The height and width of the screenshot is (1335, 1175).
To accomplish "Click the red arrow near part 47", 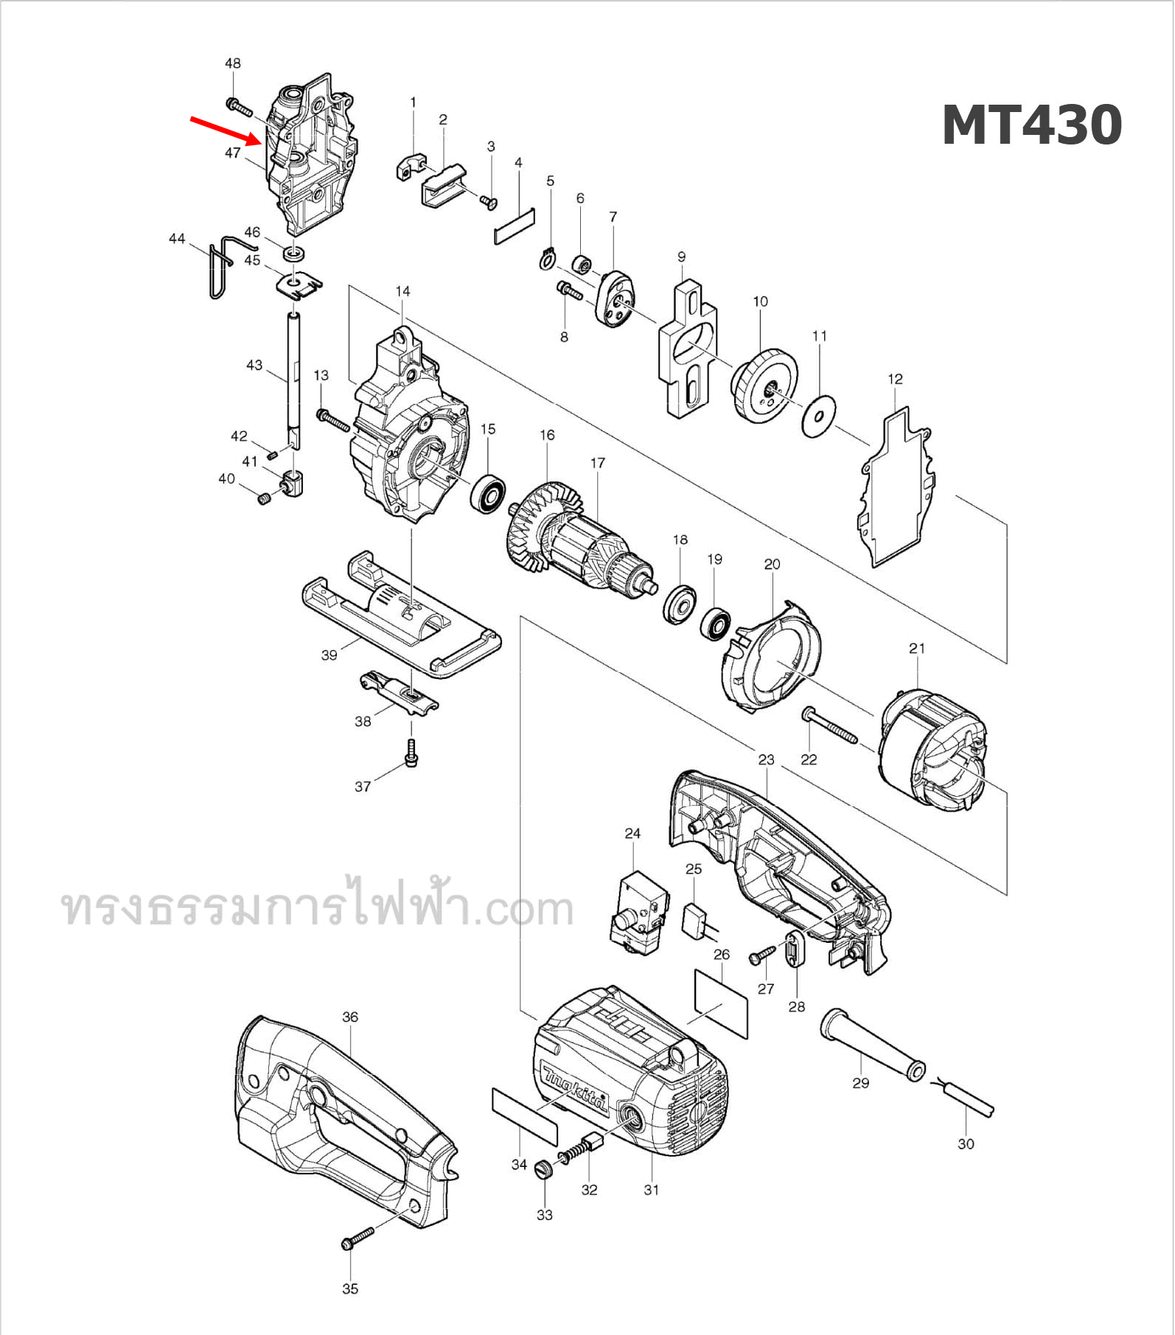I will (225, 129).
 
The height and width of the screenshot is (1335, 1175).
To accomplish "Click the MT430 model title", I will (1031, 125).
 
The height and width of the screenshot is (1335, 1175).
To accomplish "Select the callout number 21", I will (916, 648).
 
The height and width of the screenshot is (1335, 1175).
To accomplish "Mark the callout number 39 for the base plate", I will (329, 655).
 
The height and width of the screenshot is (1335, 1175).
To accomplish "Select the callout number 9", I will (681, 257).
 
